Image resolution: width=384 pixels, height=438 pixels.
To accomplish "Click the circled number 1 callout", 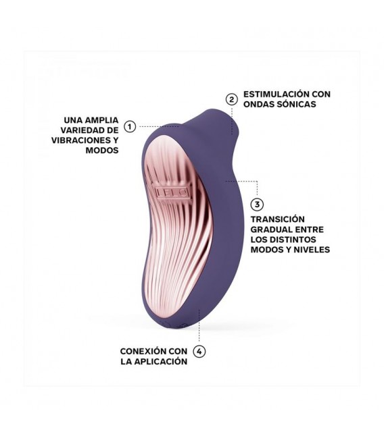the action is pyautogui.click(x=130, y=126).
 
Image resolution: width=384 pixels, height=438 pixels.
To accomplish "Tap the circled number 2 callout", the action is pyautogui.click(x=232, y=99).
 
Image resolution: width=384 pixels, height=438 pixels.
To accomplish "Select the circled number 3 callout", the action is pyautogui.click(x=257, y=204).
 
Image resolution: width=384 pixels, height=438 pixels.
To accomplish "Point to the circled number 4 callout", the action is pyautogui.click(x=199, y=351).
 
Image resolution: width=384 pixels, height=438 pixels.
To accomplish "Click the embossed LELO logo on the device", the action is pyautogui.click(x=172, y=192).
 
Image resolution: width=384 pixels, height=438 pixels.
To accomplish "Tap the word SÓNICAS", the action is pyautogui.click(x=297, y=104).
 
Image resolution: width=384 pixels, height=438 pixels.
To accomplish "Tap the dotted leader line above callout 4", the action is pyautogui.click(x=199, y=325).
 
